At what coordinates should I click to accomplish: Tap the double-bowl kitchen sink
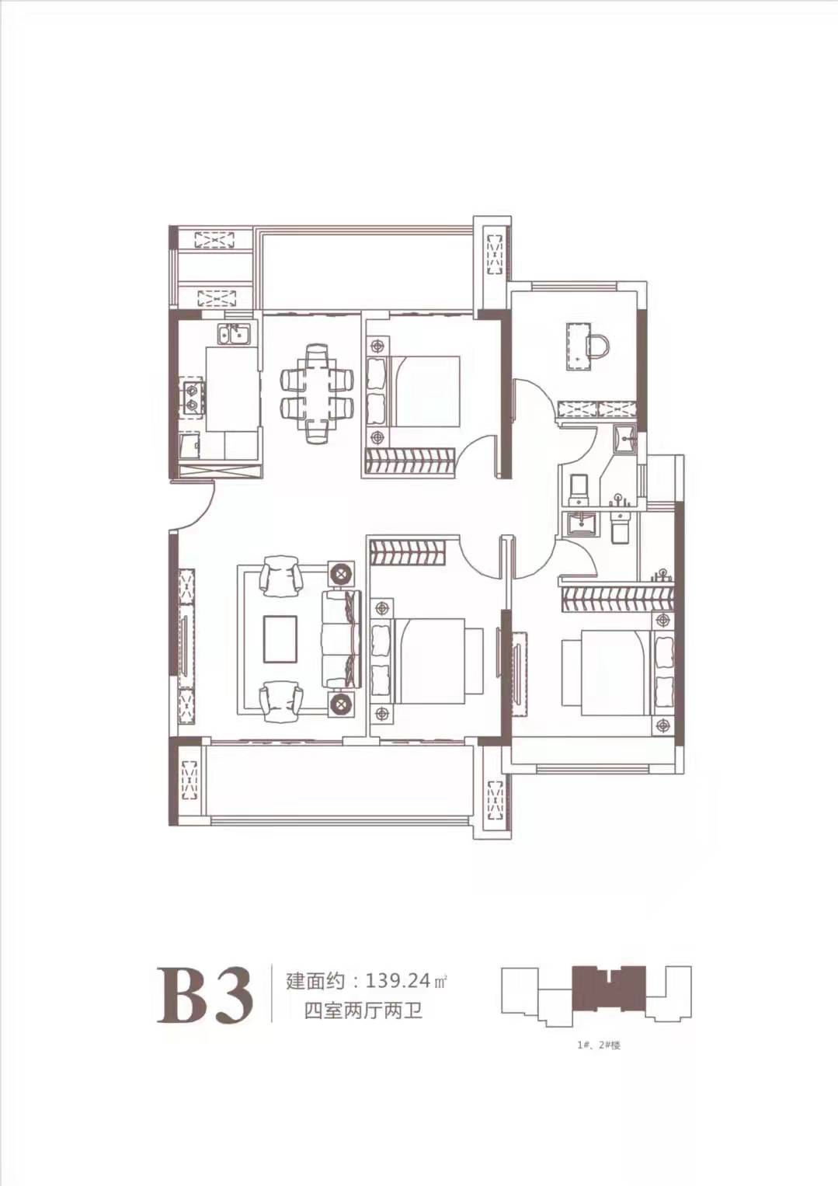pyautogui.click(x=234, y=334)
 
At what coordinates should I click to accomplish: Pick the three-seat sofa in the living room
pyautogui.click(x=342, y=638)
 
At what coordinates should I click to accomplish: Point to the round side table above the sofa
pyautogui.click(x=341, y=573)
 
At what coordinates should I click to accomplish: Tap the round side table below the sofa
pyautogui.click(x=341, y=704)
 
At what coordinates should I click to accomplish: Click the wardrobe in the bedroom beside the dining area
pyautogui.click(x=411, y=461)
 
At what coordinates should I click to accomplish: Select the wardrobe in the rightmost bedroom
pyautogui.click(x=617, y=600)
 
